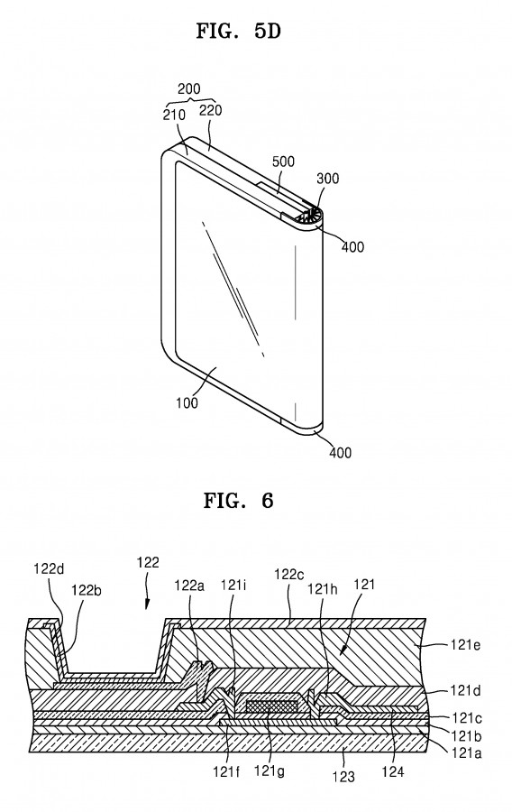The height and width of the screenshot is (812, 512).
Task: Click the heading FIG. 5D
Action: pyautogui.click(x=238, y=31)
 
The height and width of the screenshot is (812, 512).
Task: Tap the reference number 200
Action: pyautogui.click(x=188, y=89)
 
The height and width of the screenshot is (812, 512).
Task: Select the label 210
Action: pyautogui.click(x=174, y=115)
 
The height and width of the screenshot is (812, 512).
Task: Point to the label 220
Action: pyautogui.click(x=211, y=110)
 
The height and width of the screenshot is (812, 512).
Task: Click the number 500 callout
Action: pyautogui.click(x=283, y=161)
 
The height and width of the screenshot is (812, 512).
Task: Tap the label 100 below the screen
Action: pyautogui.click(x=187, y=401)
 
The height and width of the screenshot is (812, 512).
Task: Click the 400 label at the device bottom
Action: pyautogui.click(x=341, y=453)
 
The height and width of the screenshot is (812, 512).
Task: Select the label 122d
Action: pyautogui.click(x=50, y=569)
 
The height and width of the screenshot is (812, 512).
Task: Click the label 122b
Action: pyautogui.click(x=87, y=590)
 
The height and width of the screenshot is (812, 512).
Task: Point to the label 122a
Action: pyautogui.click(x=189, y=586)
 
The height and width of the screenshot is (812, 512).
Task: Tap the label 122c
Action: pyautogui.click(x=289, y=575)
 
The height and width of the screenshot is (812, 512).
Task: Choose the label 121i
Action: pyautogui.click(x=233, y=586)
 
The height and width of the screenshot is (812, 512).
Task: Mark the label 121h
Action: pyautogui.click(x=323, y=589)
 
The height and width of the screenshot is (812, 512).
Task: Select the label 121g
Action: pyautogui.click(x=270, y=771)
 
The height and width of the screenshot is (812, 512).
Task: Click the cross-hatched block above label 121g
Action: pyautogui.click(x=272, y=705)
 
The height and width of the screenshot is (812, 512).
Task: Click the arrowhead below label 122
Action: pyautogui.click(x=148, y=604)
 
